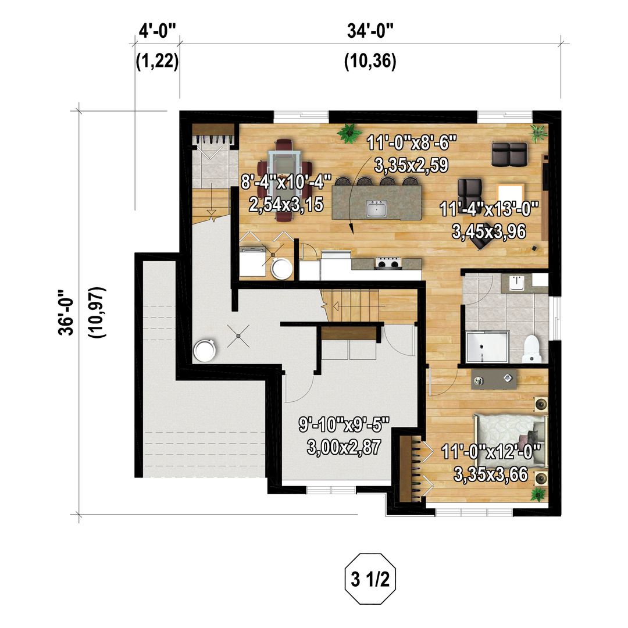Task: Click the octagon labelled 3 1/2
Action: pyautogui.click(x=370, y=579)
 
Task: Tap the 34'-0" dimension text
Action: pyautogui.click(x=370, y=31)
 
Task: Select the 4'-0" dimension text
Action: pyautogui.click(x=158, y=31)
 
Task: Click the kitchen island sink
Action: pyautogui.click(x=376, y=208)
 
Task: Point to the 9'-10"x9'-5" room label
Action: pyautogui.click(x=344, y=424)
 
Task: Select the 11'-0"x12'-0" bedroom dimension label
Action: pyautogui.click(x=491, y=452)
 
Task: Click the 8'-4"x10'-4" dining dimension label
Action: pyautogui.click(x=286, y=182)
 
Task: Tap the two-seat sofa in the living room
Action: pyautogui.click(x=509, y=154)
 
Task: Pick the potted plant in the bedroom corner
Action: pyautogui.click(x=537, y=495)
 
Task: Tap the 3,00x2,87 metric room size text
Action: pyautogui.click(x=344, y=447)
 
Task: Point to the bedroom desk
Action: pyautogui.click(x=494, y=380)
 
